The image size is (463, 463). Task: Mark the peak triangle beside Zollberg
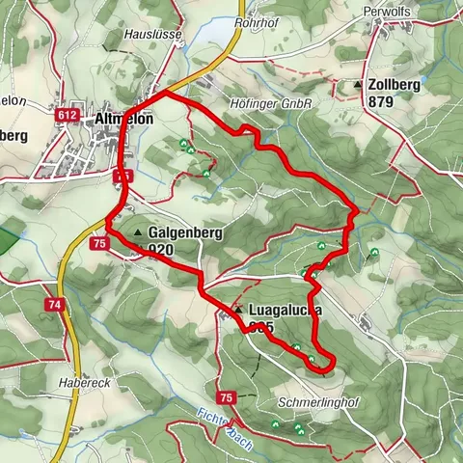[358, 85]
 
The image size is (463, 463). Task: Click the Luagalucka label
[284, 311]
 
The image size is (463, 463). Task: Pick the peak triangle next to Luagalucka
[237, 310]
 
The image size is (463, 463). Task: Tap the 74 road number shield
[53, 304]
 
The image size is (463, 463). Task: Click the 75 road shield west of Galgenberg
[99, 245]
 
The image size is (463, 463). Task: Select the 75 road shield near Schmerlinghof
[226, 397]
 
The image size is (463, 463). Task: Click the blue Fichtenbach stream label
[222, 423]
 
